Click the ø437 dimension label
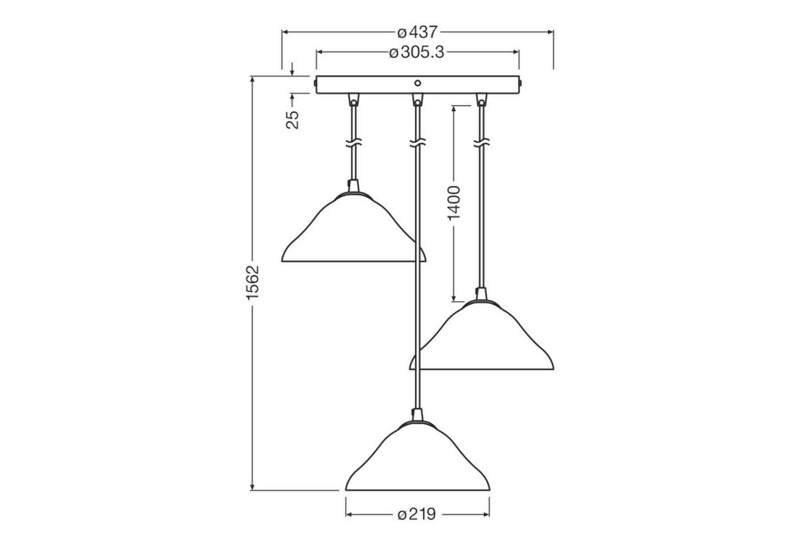point(418,32)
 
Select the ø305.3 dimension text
point(416,52)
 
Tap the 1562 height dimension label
point(252,283)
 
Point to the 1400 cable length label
point(454,203)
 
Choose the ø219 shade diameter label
point(416,514)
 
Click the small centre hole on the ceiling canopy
point(417,83)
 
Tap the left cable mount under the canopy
point(353,101)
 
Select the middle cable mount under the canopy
point(417,101)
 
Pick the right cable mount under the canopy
point(480,101)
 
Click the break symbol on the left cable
point(353,143)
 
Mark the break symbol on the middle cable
point(417,143)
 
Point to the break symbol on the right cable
point(480,143)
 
